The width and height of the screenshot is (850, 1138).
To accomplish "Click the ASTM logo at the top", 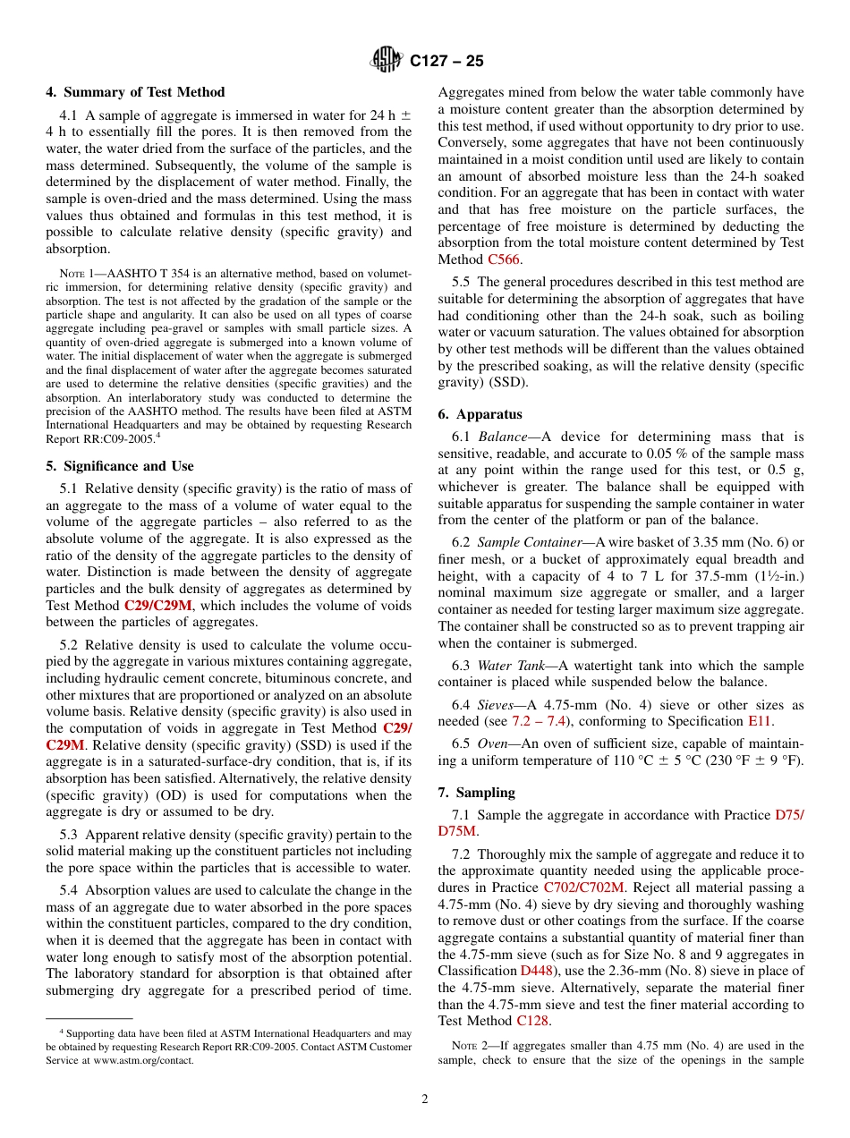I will tap(387, 60).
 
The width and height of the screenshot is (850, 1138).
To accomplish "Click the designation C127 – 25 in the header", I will tap(446, 61).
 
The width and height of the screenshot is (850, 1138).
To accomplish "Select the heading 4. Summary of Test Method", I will tap(135, 92).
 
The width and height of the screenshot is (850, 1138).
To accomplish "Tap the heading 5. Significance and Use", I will tap(120, 466).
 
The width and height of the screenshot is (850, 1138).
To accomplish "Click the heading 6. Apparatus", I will tap(480, 414).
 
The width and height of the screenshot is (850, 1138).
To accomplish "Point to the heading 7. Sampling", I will tap(477, 793).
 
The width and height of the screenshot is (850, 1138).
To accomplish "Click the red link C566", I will tap(504, 259).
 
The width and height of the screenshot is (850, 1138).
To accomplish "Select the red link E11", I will tap(758, 721).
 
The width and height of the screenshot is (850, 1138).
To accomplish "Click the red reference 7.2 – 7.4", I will tap(545, 721).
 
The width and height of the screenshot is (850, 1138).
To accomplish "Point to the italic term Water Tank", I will tap(506, 666).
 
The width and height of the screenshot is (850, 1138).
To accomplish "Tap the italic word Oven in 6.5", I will tap(493, 743).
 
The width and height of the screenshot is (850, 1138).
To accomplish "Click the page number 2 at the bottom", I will tap(425, 1100).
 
